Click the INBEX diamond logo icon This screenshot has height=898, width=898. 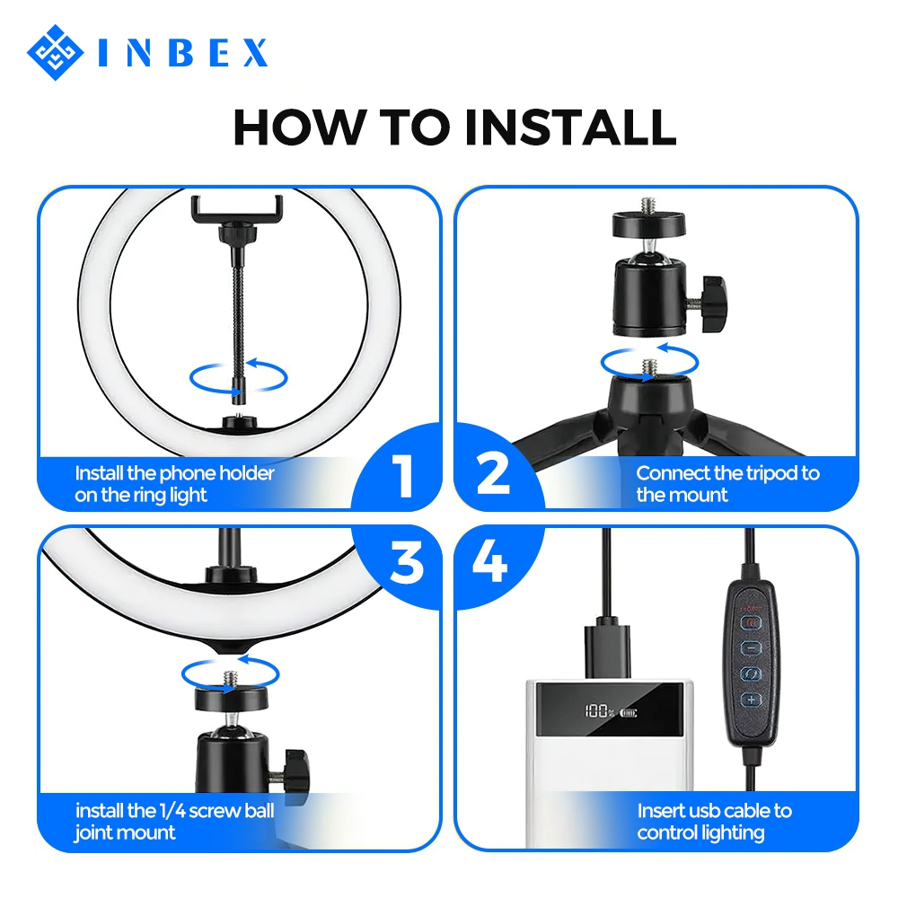[x=55, y=53]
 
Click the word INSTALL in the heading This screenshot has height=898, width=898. [x=570, y=128]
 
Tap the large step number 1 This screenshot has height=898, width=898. [x=404, y=475]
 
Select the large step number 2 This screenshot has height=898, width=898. [x=492, y=473]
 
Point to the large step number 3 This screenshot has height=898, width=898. [x=407, y=562]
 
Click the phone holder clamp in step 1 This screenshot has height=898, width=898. [x=237, y=209]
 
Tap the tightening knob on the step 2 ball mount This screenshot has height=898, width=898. [x=714, y=303]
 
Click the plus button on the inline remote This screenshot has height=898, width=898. [x=751, y=700]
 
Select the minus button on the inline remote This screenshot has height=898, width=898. [x=751, y=647]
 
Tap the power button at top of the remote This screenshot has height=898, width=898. [x=751, y=622]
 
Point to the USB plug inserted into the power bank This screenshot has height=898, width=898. [x=607, y=650]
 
